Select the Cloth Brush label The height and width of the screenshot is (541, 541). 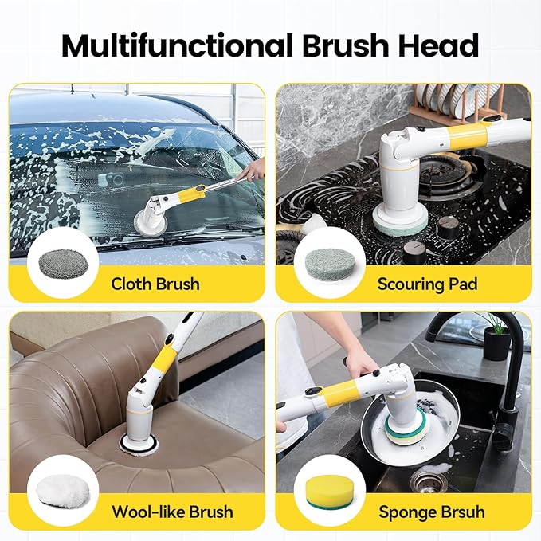pos(155,284)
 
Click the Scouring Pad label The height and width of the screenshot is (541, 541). pos(427,284)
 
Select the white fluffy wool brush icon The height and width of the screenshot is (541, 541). pos(62,493)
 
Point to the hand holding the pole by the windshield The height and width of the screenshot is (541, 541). pos(253,169)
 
